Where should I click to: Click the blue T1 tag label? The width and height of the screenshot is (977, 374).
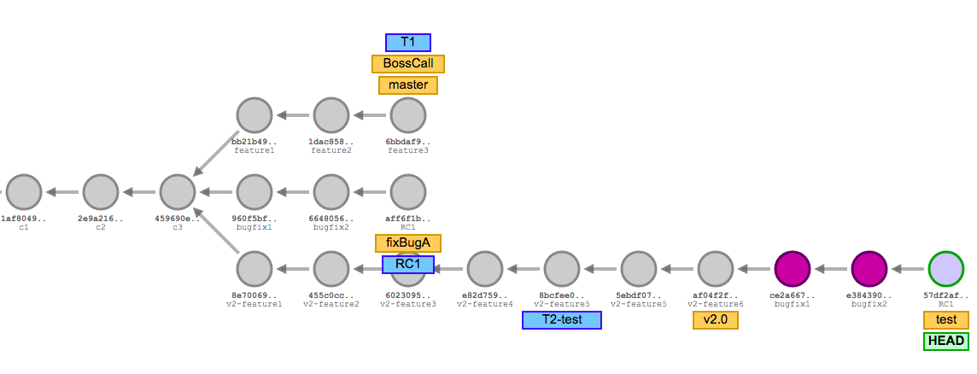click(x=408, y=43)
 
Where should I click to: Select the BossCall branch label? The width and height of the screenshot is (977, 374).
click(x=408, y=64)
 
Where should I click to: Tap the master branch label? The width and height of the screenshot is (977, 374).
click(x=408, y=85)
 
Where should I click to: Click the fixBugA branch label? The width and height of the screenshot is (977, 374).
click(x=408, y=243)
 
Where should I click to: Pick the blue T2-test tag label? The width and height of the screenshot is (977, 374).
click(x=561, y=320)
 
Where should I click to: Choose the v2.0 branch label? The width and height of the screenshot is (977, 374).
click(x=716, y=320)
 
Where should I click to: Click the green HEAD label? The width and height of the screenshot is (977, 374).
click(x=946, y=342)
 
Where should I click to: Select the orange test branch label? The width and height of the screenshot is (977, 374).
click(x=946, y=320)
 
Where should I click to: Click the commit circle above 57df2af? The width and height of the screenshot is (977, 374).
click(x=946, y=269)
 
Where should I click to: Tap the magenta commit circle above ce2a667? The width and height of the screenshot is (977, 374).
click(x=792, y=269)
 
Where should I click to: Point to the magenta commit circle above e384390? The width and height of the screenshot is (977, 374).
click(x=869, y=269)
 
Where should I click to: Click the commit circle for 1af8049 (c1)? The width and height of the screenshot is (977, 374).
click(x=24, y=192)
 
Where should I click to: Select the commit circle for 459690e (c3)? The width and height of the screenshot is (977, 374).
click(x=178, y=192)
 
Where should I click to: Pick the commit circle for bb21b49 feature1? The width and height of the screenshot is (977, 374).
click(x=254, y=115)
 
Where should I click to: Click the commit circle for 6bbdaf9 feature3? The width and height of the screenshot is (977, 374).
click(x=408, y=115)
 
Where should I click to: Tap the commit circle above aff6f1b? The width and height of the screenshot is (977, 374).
click(x=408, y=192)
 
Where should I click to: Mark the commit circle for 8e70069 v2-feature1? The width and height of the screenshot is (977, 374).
click(x=254, y=269)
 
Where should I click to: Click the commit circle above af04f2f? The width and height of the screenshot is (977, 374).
click(x=716, y=269)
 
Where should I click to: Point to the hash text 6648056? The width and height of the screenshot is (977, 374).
click(x=331, y=219)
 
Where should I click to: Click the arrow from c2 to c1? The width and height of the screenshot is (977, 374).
click(x=62, y=192)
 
